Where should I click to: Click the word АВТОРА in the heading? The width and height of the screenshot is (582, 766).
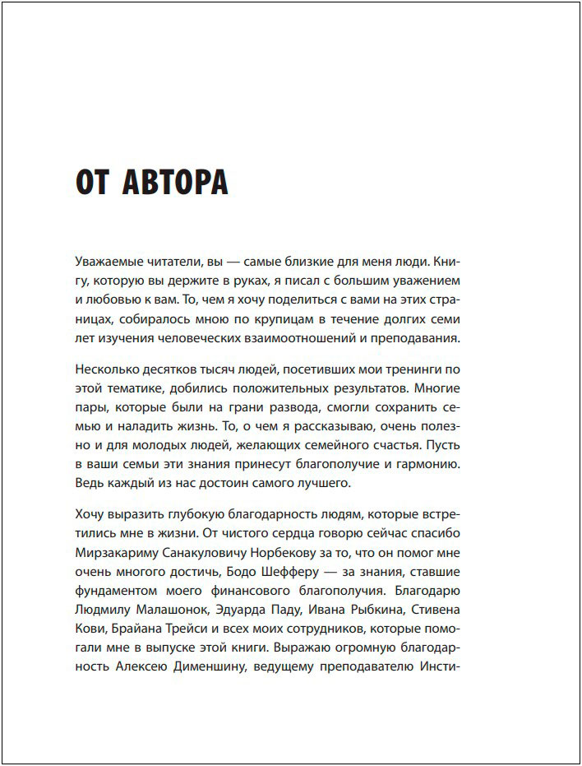click(x=174, y=182)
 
